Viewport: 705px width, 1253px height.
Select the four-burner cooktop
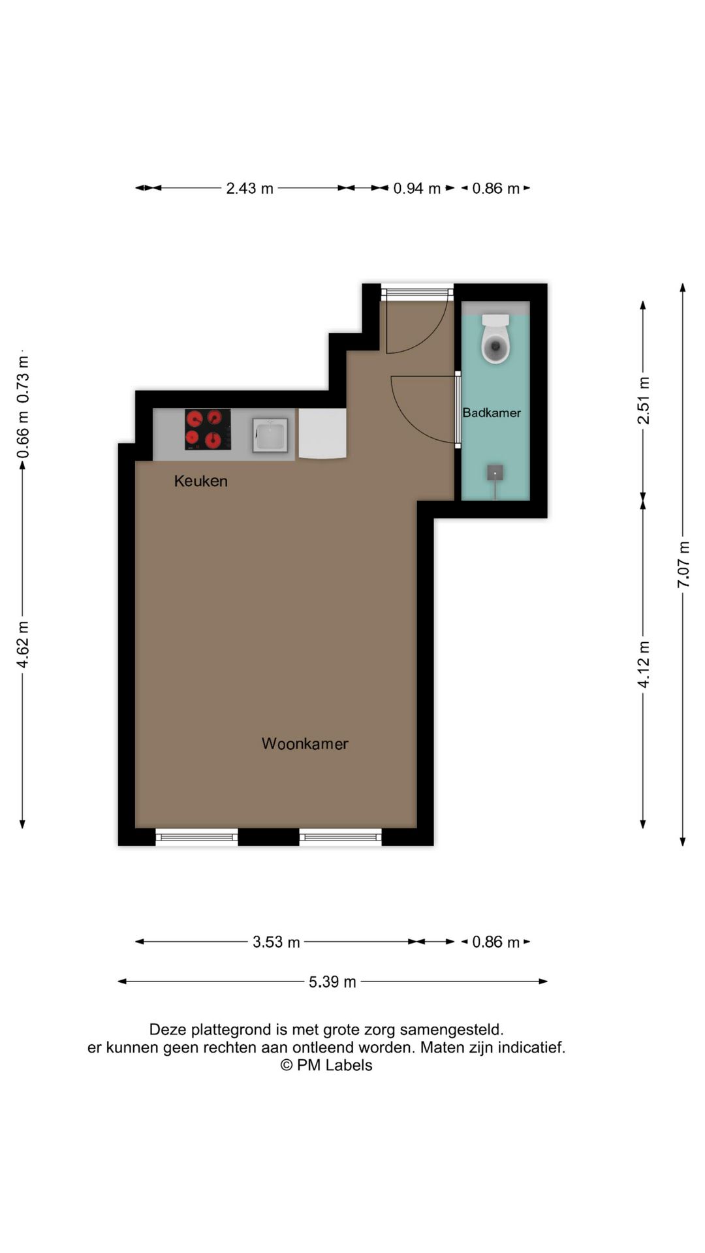[x=208, y=429]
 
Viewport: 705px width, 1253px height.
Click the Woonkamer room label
[x=305, y=743]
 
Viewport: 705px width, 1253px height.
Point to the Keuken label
[x=200, y=481]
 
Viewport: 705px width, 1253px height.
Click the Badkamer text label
[x=492, y=412]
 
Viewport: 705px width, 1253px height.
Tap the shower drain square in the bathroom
[x=495, y=472]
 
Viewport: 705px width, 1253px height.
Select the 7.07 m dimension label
[x=683, y=565]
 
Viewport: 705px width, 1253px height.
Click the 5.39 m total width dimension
[x=332, y=982]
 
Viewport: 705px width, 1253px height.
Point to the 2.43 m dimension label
[x=249, y=189]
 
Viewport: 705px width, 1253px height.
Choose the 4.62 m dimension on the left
[x=23, y=645]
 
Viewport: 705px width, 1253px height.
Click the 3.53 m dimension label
[x=276, y=942]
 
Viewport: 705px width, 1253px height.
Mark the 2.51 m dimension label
[x=644, y=401]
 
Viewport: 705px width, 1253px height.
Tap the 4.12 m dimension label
[x=644, y=664]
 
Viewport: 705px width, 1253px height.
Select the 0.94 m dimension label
[x=416, y=189]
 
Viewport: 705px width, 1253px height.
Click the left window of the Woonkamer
[x=196, y=837]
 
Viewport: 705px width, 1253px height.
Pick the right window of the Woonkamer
[x=340, y=837]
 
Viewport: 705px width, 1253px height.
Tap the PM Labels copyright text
[x=326, y=1065]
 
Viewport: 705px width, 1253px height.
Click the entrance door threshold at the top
[x=417, y=292]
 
